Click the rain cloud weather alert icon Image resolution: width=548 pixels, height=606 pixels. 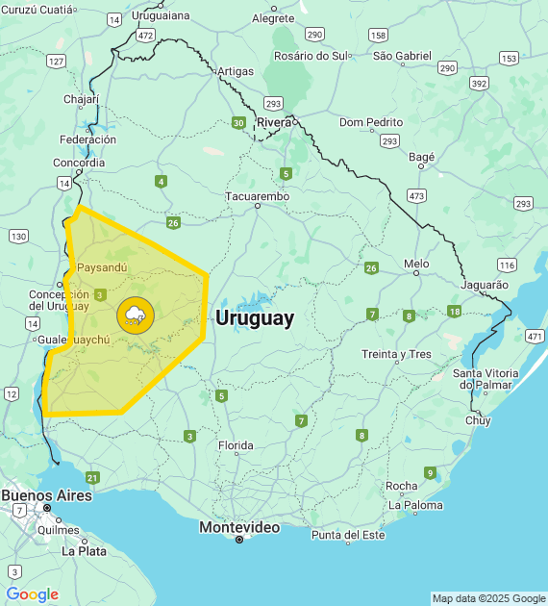pos(134,315)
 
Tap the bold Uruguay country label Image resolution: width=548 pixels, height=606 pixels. pos(255,318)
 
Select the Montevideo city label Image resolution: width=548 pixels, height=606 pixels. pos(239,527)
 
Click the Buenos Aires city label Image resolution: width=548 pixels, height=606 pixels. pos(46,494)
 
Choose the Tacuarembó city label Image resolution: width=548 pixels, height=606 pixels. pos(257,196)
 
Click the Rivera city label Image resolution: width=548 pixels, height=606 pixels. pos(274,122)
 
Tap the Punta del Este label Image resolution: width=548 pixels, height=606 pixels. pos(347,535)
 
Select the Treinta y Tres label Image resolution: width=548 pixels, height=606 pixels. pos(396,354)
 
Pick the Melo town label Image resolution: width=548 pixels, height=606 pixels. pos(416,263)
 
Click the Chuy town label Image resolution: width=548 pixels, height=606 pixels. pos(478,420)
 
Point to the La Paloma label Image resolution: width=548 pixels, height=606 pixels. pos(415,505)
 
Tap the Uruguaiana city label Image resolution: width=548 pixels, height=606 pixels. pos(161,16)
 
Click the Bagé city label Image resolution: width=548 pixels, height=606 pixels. pos(421,157)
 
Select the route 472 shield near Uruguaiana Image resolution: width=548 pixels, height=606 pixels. pos(145,35)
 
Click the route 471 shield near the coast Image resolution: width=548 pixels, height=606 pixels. pos(535,336)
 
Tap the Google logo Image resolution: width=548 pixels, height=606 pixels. pos(32,594)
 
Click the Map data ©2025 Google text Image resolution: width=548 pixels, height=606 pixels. pos(488,598)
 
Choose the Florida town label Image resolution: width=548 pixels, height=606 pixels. pos(236,445)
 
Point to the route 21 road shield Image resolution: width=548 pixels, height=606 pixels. pos(92,477)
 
